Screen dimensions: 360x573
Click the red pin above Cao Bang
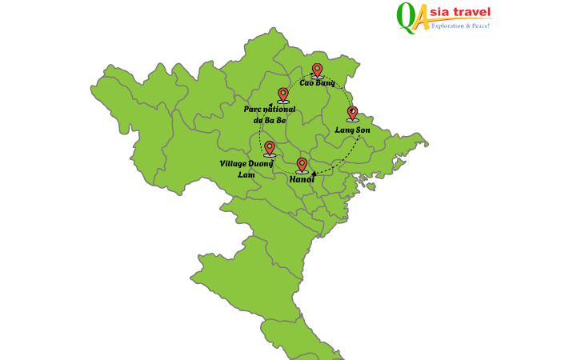point(317,70)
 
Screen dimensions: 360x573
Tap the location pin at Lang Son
point(352,113)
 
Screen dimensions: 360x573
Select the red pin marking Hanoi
point(302,165)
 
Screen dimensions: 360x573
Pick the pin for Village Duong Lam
point(270,148)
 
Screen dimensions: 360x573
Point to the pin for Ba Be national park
point(282,94)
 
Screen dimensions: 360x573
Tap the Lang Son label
point(352,130)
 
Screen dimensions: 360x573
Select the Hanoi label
point(302,180)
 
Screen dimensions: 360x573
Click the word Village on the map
point(234,164)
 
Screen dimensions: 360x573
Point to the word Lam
point(246,175)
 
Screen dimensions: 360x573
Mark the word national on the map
point(279,110)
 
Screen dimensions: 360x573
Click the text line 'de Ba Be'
point(270,121)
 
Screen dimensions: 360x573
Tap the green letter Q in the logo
point(406,16)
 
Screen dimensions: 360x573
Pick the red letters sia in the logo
point(443,12)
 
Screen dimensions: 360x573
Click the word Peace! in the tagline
point(479,26)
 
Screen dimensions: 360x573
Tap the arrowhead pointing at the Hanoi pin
point(314,174)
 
